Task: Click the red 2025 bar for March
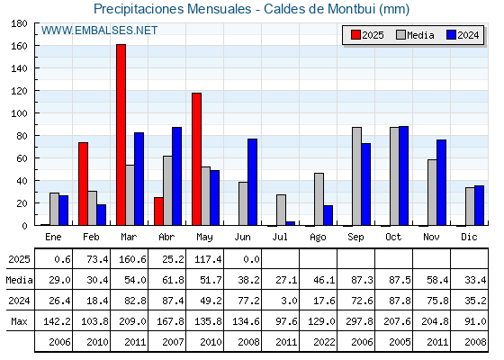pos(121,135)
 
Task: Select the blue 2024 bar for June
pos(252,182)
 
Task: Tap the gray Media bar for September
pos(356,176)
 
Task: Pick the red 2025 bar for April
pos(158,211)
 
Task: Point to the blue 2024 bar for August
pos(328,215)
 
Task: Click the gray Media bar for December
pos(470,206)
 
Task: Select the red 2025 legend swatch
pos(355,35)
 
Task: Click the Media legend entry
pos(415,35)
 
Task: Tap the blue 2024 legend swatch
pos(451,35)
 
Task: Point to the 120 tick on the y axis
pos(19,91)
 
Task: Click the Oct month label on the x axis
pos(393,237)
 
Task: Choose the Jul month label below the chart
pos(280,237)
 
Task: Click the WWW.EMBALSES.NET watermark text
pos(99,31)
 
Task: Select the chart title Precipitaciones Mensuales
pos(173,9)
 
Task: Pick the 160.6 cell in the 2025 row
pos(132,259)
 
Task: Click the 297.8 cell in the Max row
pos(359,321)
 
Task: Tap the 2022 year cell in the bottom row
pos(324,342)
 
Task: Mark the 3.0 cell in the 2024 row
pos(289,301)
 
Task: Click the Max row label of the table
pos(19,321)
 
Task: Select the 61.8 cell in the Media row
pos(173,280)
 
